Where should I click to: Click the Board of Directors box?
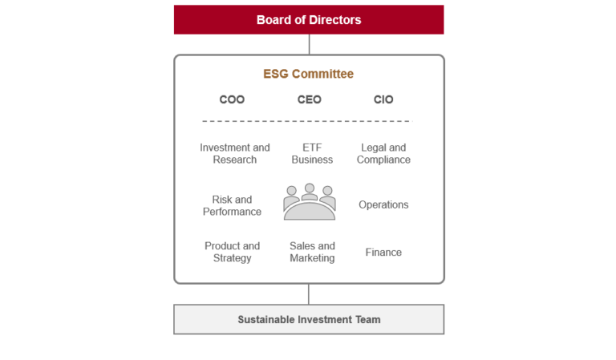(309, 19)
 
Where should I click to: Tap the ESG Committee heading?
(308, 74)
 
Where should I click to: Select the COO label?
(232, 99)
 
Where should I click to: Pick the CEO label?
(309, 99)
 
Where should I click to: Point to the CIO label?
(383, 99)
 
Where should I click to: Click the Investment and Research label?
(235, 153)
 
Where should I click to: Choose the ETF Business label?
(312, 153)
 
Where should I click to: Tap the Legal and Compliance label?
(383, 153)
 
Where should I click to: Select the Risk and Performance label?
(232, 205)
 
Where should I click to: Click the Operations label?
(383, 204)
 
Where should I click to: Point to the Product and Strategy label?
(232, 252)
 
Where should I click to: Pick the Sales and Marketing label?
(312, 252)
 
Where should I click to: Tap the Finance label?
(383, 252)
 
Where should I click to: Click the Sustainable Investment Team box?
(309, 319)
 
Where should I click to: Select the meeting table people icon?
(310, 201)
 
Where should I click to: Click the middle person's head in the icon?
(310, 188)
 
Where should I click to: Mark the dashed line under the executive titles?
(307, 121)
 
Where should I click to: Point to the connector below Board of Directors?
(309, 44)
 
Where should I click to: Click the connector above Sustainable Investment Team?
(309, 294)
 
